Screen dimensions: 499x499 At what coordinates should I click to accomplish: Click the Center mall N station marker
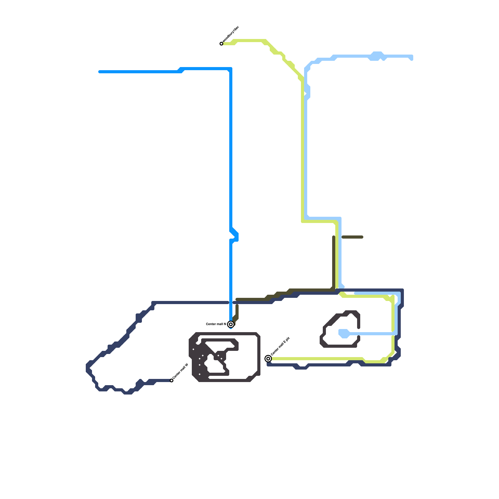pos(231,324)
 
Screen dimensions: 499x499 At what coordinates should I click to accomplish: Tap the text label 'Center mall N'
pos(216,324)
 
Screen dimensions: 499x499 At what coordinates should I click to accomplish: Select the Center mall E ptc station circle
pos(268,359)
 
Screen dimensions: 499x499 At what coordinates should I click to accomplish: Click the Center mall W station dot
pos(172,380)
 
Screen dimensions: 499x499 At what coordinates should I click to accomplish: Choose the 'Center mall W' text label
pos(180,372)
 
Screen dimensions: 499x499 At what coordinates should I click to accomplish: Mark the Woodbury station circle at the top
pos(221,44)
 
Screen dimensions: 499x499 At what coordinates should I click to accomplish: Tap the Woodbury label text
pos(231,35)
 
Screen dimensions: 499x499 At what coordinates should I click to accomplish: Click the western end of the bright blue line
pos(100,72)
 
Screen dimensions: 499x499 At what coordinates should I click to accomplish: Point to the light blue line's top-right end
pos(412,58)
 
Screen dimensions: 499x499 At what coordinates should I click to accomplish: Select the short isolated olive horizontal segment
pos(352,237)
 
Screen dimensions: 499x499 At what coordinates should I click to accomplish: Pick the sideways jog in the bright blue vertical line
pos(235,236)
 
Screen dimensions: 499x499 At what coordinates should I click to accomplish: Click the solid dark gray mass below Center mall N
pos(200,362)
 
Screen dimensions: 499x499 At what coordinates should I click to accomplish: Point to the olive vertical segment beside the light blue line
pos(334,262)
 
